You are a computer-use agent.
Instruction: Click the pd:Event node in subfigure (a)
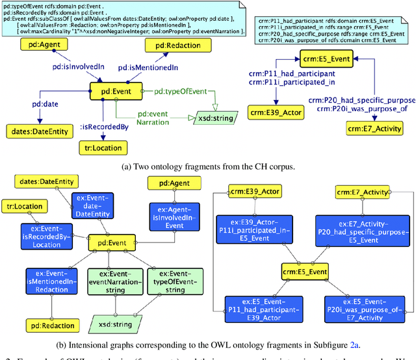(110, 92)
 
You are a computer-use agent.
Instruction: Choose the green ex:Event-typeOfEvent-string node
(171, 280)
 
